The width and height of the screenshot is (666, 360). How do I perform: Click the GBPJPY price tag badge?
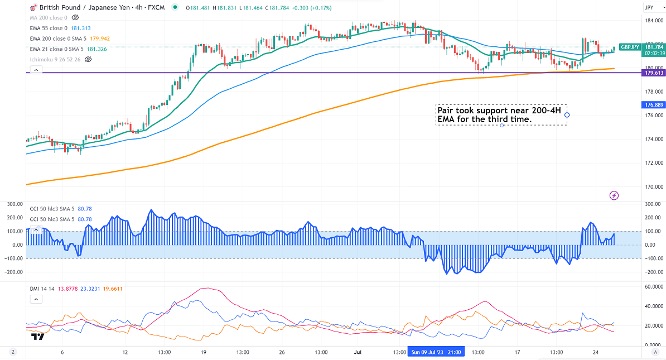point(629,47)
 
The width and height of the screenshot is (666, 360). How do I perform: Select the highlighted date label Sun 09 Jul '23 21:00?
point(436,353)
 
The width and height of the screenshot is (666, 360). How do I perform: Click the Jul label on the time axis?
point(358,353)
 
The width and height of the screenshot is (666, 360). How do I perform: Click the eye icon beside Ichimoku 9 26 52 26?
point(88,59)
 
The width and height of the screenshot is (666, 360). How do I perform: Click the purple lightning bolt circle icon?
point(614,195)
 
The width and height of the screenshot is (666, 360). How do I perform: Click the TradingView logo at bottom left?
point(38,337)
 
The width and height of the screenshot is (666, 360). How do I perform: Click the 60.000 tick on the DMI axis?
point(653,286)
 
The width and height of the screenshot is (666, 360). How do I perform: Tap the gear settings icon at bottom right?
point(653,353)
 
